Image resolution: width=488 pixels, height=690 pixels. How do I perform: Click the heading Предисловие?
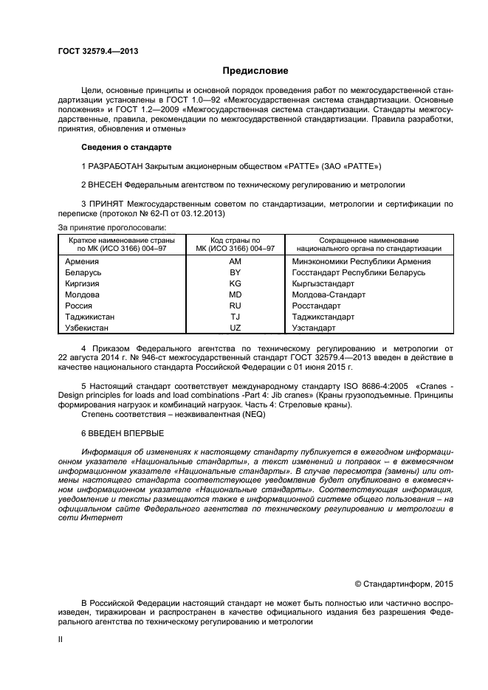click(255, 71)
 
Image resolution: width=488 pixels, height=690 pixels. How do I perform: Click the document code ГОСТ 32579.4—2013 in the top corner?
click(98, 51)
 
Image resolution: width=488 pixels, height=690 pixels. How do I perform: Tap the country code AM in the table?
click(236, 261)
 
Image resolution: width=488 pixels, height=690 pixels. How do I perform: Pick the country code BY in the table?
click(236, 272)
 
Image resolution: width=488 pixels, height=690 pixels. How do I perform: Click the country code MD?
click(236, 294)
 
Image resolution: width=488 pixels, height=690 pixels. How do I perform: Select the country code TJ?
click(236, 317)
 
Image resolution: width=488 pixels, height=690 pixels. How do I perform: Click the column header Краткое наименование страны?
click(122, 241)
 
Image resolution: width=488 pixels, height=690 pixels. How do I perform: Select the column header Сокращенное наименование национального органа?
click(368, 245)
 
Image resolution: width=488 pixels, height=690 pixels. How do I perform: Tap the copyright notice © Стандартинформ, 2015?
click(404, 584)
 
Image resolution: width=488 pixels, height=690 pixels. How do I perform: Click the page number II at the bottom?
click(61, 641)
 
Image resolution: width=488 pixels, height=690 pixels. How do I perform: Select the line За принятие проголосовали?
click(111, 227)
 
